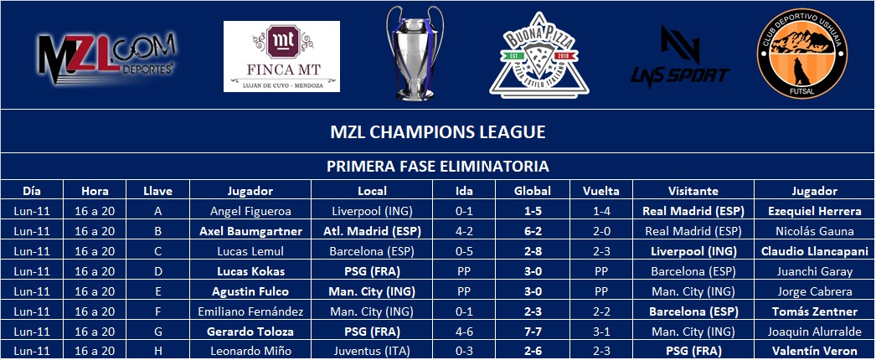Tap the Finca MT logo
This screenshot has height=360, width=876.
(281, 56)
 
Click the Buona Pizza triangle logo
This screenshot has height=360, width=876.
(538, 55)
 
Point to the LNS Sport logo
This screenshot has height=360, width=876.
(680, 56)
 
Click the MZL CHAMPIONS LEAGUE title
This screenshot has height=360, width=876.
(437, 132)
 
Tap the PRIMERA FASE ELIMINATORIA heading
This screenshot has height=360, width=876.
(437, 167)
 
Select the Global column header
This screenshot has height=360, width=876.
(533, 191)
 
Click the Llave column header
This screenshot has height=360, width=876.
(158, 191)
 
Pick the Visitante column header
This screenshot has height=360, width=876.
(693, 191)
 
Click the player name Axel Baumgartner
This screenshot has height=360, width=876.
(251, 231)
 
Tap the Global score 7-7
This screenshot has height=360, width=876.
(533, 332)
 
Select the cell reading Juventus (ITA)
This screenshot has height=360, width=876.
(372, 352)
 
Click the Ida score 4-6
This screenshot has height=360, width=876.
(464, 332)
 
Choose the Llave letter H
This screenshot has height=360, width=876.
(158, 352)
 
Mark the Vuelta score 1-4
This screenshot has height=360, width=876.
(601, 211)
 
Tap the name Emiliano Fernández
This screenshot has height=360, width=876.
(251, 311)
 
